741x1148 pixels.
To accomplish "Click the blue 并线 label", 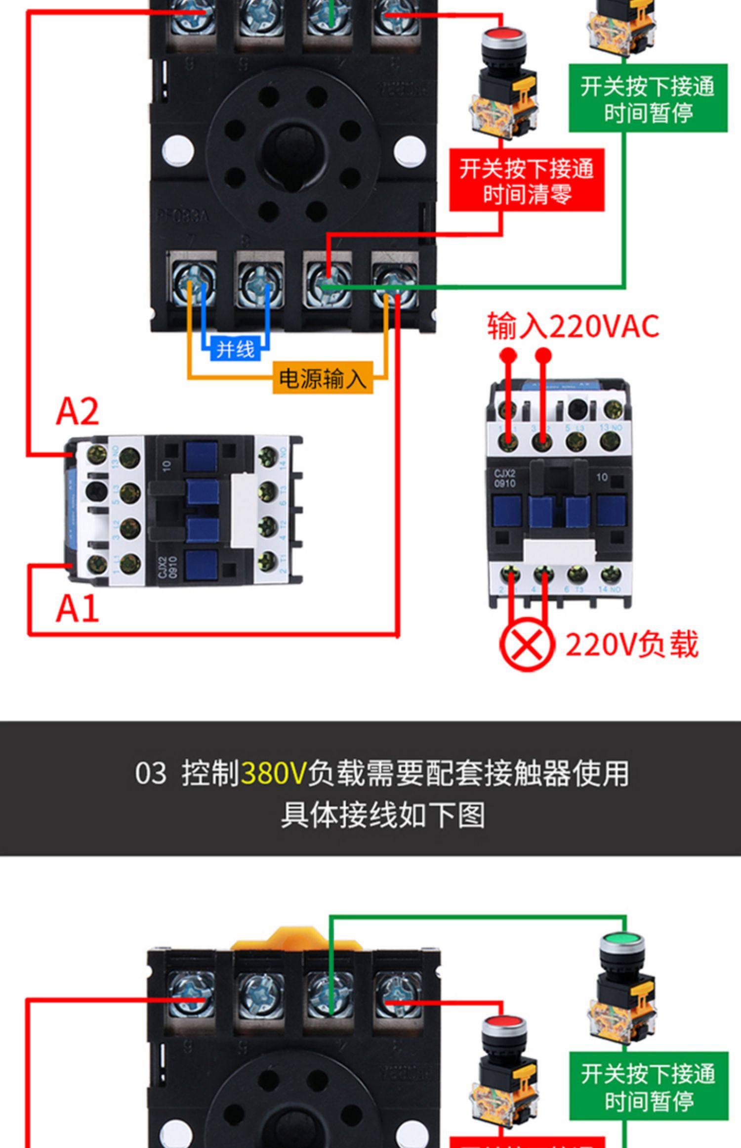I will tap(235, 350).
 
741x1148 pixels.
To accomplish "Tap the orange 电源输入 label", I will tap(323, 378).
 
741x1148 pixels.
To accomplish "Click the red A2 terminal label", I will tap(77, 411).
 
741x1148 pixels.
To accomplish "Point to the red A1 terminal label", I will tap(77, 609).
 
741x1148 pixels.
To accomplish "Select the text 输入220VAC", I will tap(573, 326).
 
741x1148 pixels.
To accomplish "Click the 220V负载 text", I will tap(631, 645).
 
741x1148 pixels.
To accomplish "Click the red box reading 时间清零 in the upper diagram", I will tap(527, 180).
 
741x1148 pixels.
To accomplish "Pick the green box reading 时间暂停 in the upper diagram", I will tap(648, 98).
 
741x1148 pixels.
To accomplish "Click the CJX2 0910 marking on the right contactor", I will tap(505, 479).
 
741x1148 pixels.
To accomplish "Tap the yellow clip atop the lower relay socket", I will tap(296, 940).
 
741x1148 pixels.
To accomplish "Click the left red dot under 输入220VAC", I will tap(508, 355).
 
